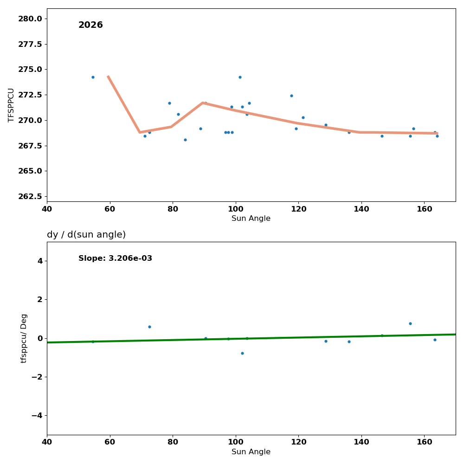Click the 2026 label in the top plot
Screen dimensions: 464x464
tap(90, 25)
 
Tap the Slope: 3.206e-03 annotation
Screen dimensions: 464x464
tap(115, 258)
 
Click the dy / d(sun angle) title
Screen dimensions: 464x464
tap(86, 235)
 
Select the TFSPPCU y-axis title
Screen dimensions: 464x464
tap(11, 105)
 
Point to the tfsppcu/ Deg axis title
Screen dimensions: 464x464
tap(24, 338)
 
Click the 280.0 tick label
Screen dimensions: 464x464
tap(30, 19)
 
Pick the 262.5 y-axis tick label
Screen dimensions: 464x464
tap(30, 196)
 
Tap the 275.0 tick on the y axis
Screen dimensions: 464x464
tap(30, 69)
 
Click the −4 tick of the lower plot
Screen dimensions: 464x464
tap(35, 415)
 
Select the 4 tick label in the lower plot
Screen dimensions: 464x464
tap(40, 261)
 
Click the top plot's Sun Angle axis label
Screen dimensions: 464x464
tap(251, 219)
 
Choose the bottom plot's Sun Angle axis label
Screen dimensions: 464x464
tap(251, 452)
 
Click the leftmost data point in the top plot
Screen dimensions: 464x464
tap(93, 77)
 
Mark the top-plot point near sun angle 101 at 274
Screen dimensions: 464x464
tap(240, 77)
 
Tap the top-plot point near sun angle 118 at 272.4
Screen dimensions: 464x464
tap(291, 96)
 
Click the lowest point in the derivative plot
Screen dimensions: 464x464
tap(242, 353)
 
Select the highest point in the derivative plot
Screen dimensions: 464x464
tap(410, 323)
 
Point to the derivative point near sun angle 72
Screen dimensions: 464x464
tap(149, 327)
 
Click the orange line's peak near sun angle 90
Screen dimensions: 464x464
tap(203, 103)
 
